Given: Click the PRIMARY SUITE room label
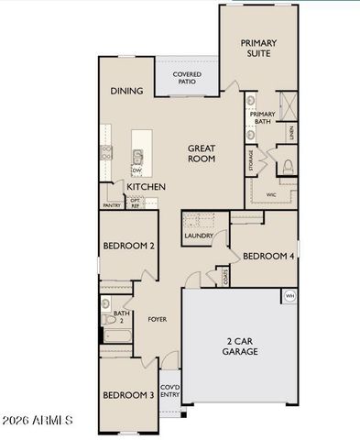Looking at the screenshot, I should pyautogui.click(x=258, y=49).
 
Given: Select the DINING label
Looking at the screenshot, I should pyautogui.click(x=127, y=91).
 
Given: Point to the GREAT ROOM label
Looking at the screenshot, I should pyautogui.click(x=202, y=152).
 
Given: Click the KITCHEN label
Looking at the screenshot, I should pyautogui.click(x=146, y=187).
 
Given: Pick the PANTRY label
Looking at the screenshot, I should pyautogui.click(x=112, y=205).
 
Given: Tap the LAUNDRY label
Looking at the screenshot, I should pyautogui.click(x=199, y=236).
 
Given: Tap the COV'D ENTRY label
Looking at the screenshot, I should pyautogui.click(x=169, y=391).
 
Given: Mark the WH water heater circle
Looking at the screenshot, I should pyautogui.click(x=289, y=295).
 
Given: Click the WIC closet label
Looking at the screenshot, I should pyautogui.click(x=271, y=194).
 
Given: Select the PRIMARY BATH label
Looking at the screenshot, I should pyautogui.click(x=263, y=116).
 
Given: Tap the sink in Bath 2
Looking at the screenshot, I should pyautogui.click(x=105, y=302).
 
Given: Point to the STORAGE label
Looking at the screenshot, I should pyautogui.click(x=250, y=159).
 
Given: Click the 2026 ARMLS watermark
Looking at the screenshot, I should pyautogui.click(x=38, y=421).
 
